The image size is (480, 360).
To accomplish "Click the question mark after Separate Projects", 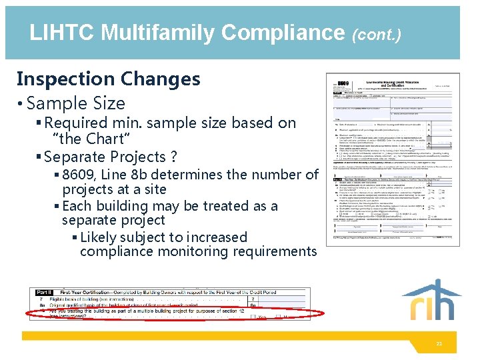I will point(174,157).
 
